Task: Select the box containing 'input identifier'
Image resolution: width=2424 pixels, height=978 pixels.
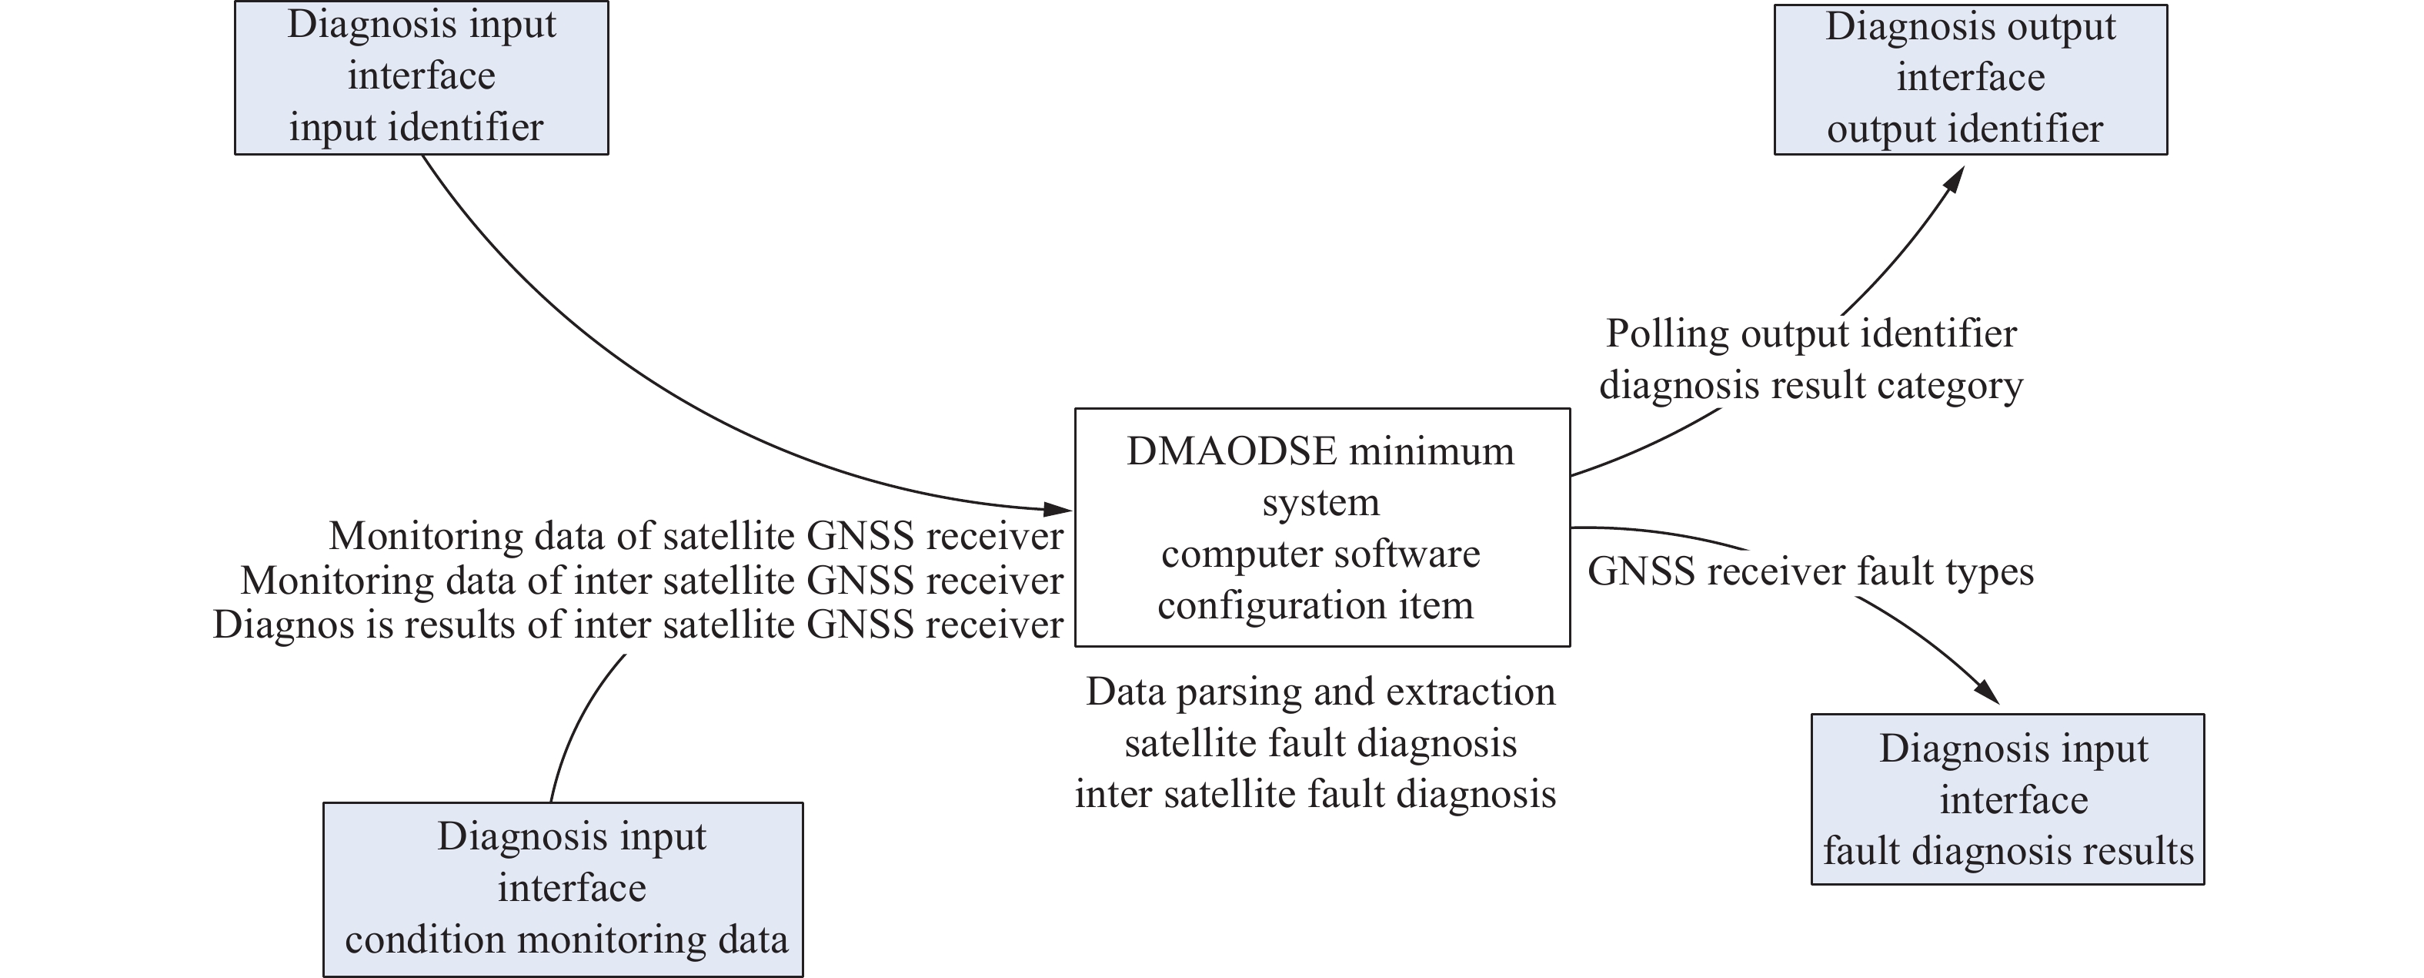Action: (422, 77)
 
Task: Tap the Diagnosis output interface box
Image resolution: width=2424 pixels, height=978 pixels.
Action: (1971, 79)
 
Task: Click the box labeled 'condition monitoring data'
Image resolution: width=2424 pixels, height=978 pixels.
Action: (563, 889)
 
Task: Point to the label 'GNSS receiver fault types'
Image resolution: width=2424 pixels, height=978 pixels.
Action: (1811, 571)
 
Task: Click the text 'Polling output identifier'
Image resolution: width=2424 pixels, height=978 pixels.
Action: (1811, 333)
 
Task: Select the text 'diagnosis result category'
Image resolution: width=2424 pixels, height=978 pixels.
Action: (1811, 385)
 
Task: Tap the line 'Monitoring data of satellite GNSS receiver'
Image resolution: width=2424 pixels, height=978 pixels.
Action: (696, 536)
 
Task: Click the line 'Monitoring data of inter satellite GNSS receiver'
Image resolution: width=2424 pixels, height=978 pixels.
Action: (652, 580)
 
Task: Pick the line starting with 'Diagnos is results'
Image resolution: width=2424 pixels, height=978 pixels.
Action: (638, 624)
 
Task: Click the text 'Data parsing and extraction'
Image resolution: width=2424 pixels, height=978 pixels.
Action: (1321, 692)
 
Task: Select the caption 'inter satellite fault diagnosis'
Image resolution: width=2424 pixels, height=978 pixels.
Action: (1316, 793)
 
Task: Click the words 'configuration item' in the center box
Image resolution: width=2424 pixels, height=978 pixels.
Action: (1316, 605)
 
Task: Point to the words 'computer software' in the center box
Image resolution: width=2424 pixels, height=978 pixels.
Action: (1321, 554)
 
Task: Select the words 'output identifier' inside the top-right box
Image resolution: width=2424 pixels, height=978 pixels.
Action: (1965, 129)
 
